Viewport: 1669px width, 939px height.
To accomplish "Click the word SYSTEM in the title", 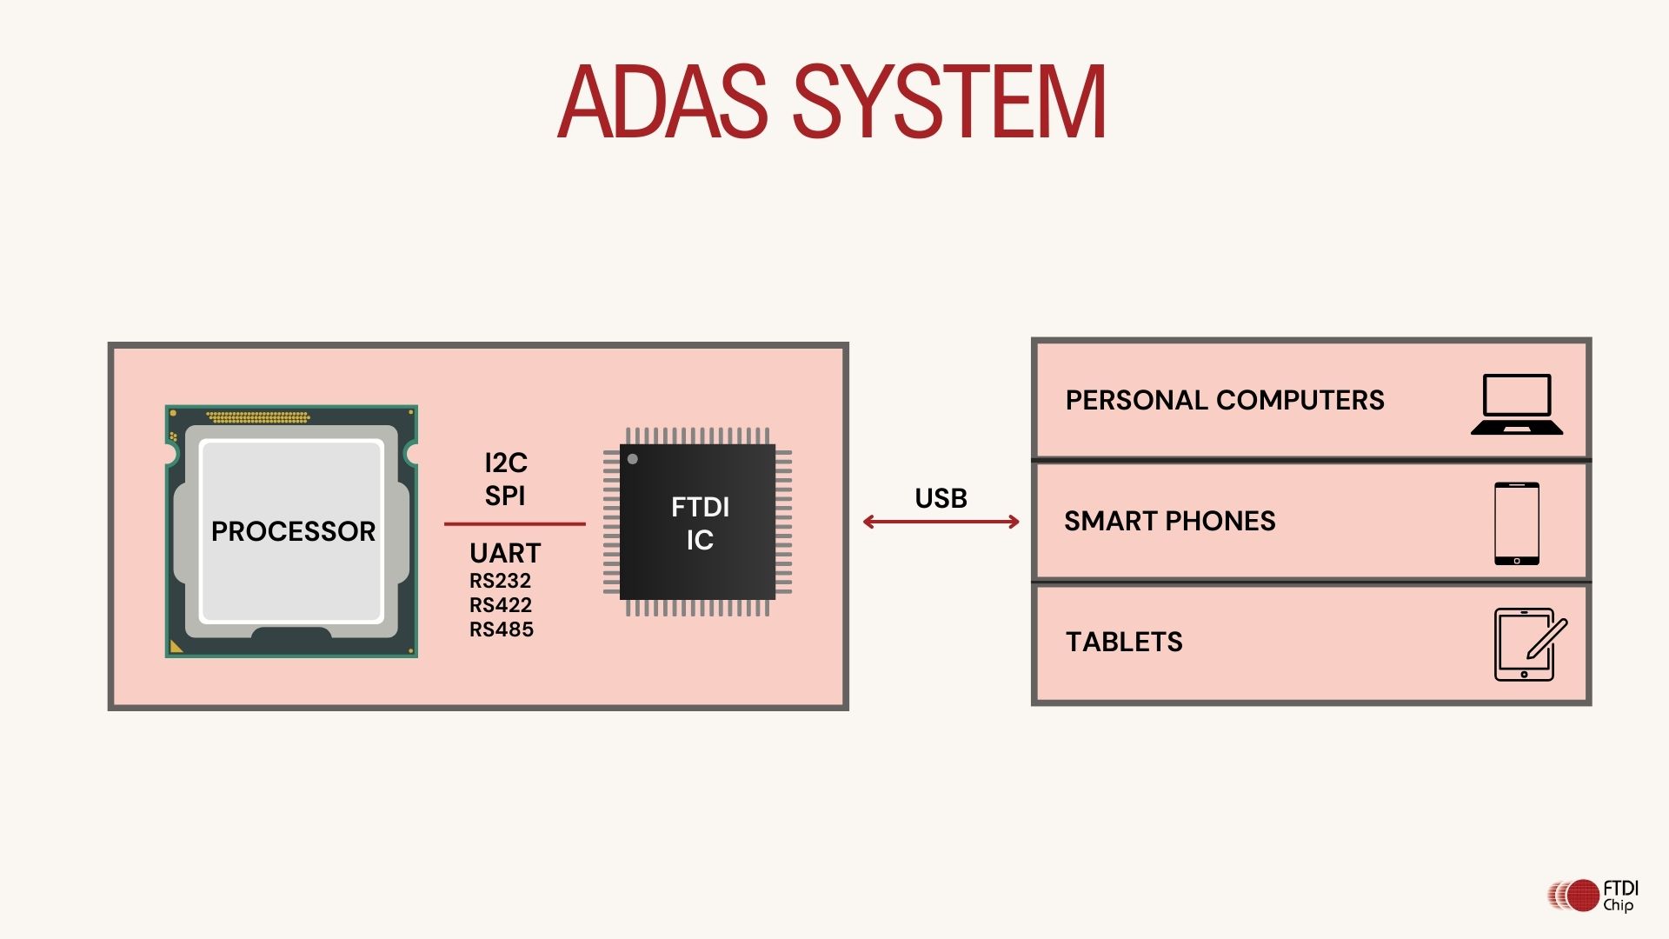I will click(949, 102).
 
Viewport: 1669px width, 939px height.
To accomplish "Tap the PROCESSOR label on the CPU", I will click(293, 531).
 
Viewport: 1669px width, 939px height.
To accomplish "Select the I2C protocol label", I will click(506, 463).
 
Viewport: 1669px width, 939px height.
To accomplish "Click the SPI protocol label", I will click(505, 496).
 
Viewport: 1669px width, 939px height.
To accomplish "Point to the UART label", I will click(505, 553).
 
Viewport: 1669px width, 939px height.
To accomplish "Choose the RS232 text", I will click(500, 581).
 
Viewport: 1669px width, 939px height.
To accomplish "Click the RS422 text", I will click(500, 605).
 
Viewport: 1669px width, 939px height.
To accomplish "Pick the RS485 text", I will click(502, 629).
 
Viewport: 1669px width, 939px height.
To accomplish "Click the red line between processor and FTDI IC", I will click(515, 524).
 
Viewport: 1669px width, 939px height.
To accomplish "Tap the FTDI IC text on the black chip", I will click(700, 523).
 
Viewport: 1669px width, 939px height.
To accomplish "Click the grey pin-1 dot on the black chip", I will click(633, 459).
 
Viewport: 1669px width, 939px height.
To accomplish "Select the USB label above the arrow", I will click(941, 498).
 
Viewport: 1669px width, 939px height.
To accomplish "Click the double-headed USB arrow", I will click(941, 522).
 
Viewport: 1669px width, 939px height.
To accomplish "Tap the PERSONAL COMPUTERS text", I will click(1225, 400).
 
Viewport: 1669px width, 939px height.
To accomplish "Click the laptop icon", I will click(1517, 404).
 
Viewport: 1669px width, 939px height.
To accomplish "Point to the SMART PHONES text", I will click(1170, 521).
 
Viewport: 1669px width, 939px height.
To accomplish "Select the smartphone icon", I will click(1517, 523).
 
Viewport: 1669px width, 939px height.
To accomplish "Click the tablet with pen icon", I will click(1529, 644).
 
